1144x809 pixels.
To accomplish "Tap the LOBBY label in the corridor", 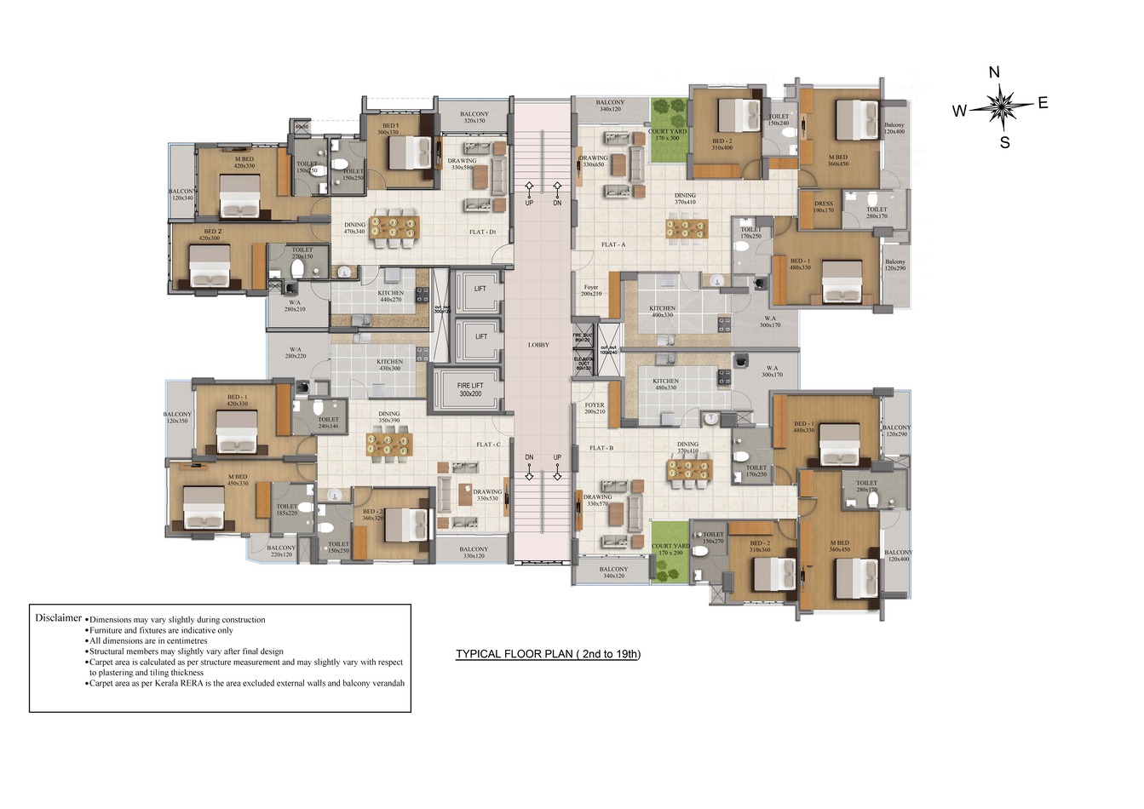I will pos(538,345).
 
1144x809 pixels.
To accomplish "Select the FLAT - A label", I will pos(613,244).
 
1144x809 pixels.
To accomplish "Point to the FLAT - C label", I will pos(489,445).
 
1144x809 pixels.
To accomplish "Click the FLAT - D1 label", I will pos(482,232).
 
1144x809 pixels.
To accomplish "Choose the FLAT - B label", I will pos(601,448).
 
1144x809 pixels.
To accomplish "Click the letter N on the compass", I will pos(994,72).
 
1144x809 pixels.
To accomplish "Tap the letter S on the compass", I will pos(1005,143).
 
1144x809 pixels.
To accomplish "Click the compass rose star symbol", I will pos(1002,106).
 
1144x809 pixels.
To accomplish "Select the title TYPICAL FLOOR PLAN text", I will pos(548,654).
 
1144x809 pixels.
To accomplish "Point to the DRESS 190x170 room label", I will pos(824,207).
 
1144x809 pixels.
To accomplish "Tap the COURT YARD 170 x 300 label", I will pos(668,135).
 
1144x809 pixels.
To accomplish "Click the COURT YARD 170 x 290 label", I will pos(670,549).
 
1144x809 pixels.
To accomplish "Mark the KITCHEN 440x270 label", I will pos(390,296).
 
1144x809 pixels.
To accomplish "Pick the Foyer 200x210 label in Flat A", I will pos(591,290).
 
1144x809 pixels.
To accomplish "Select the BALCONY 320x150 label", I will pos(474,118).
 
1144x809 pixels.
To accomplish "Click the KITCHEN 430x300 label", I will pos(389,364).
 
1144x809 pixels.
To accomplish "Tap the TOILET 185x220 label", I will pos(287,509).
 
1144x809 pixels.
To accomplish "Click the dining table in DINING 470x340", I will pos(394,227).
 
